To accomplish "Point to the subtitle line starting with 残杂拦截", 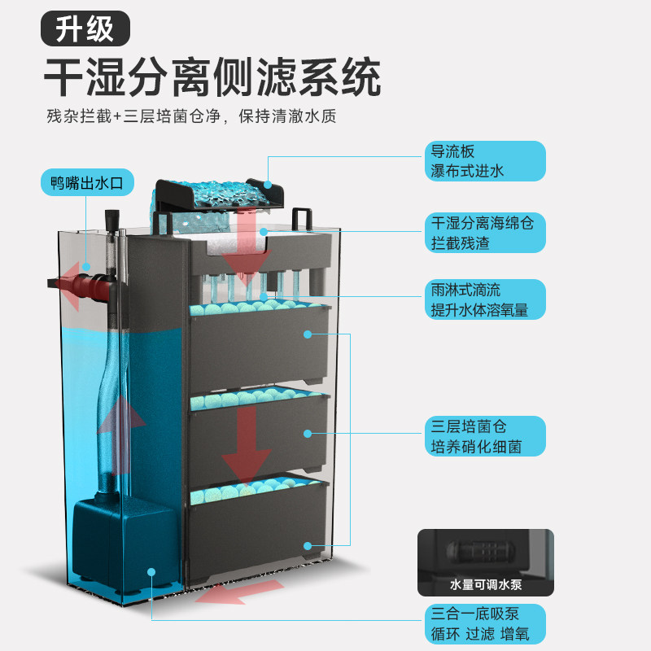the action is click(x=191, y=116).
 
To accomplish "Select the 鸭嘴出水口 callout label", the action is click(x=87, y=183).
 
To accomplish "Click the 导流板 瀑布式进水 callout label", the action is click(x=486, y=161).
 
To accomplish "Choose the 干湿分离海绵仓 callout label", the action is click(x=486, y=233).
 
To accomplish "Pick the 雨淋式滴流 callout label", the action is click(x=486, y=299).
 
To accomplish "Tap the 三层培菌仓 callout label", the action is click(x=486, y=436).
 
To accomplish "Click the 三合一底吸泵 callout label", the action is click(x=486, y=624).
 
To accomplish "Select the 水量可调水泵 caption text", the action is click(x=486, y=585).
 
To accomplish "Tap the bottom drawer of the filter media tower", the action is click(x=259, y=529).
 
